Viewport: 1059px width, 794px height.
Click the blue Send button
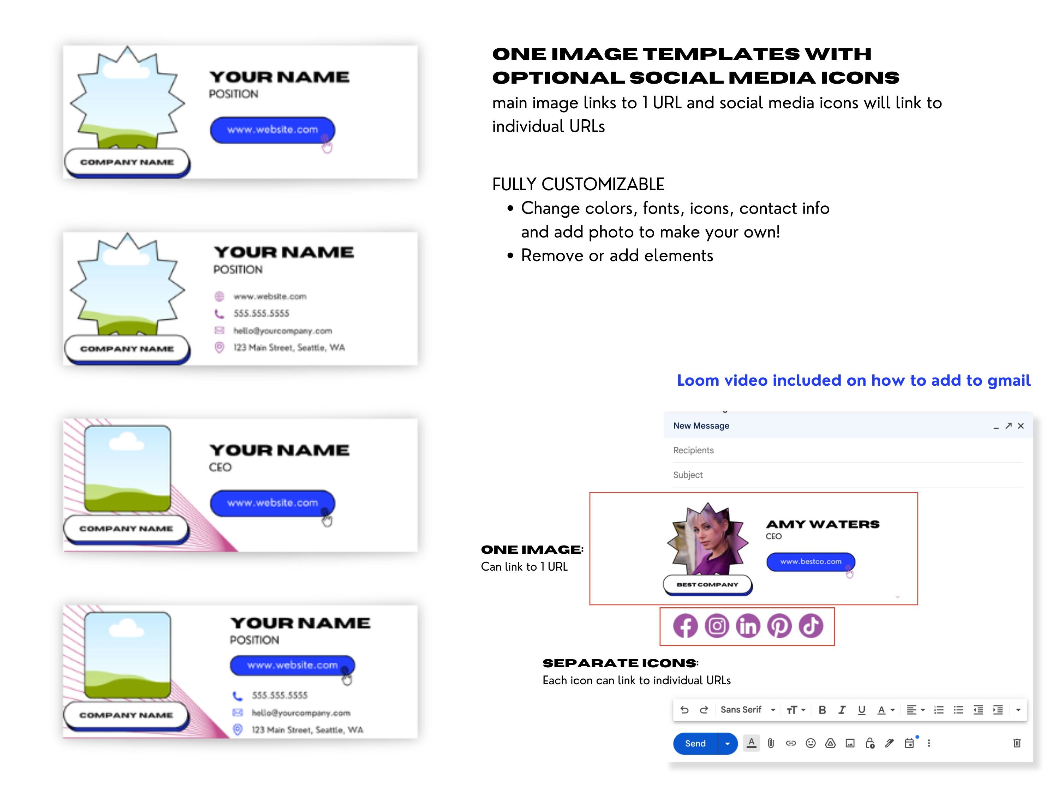(x=695, y=743)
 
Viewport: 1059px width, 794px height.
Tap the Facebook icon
(x=686, y=626)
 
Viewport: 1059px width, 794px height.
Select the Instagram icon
(x=717, y=626)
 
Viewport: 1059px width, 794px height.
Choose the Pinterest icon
(x=779, y=626)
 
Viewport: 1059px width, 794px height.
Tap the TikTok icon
(x=811, y=626)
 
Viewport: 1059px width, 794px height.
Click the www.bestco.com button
(x=810, y=562)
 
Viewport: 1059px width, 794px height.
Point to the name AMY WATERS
(x=822, y=524)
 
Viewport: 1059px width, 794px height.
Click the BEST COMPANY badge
(x=707, y=585)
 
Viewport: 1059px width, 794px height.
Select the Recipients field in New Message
(x=848, y=450)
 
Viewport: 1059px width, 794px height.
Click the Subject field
(x=848, y=475)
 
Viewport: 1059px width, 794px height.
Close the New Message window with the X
(x=1021, y=426)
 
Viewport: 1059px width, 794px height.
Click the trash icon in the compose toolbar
(x=1017, y=743)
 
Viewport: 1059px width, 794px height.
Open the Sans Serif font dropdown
(x=748, y=710)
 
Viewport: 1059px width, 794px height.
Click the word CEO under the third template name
(x=220, y=467)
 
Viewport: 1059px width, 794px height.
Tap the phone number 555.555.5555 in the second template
(x=262, y=313)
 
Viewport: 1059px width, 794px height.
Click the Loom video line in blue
(x=854, y=380)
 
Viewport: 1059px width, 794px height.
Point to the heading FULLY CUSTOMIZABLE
(x=578, y=184)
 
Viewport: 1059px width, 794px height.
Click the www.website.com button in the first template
(x=273, y=130)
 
